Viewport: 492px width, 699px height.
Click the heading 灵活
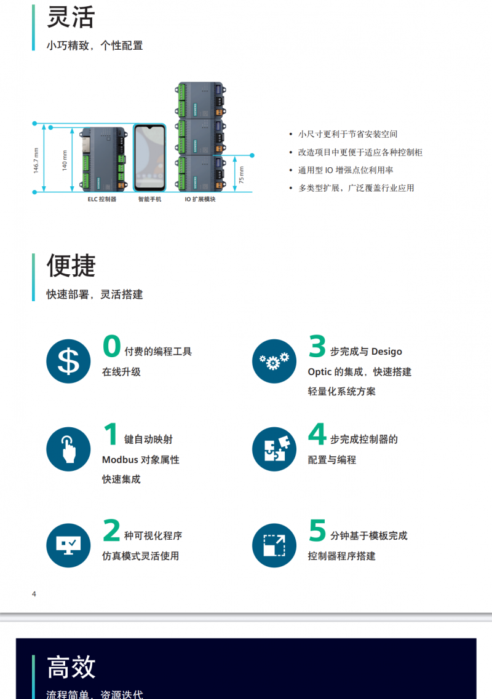[x=71, y=17]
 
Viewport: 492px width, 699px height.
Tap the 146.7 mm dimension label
[x=36, y=160]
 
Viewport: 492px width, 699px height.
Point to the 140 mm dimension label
[x=65, y=160]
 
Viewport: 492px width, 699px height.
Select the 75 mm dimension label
[x=241, y=175]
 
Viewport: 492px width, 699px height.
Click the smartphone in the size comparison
[x=149, y=158]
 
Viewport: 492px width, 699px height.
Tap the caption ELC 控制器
[x=101, y=199]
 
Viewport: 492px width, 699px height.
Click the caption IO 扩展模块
[x=200, y=199]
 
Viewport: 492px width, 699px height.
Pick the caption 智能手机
[x=149, y=199]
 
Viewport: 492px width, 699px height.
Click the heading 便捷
[x=71, y=266]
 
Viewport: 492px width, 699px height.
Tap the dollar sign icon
[x=68, y=361]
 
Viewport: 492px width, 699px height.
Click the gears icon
[x=274, y=361]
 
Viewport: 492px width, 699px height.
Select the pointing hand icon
[x=68, y=449]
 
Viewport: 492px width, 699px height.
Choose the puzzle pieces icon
[x=274, y=449]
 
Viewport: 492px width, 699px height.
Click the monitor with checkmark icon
[x=68, y=545]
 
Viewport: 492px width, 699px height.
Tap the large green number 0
[x=111, y=346]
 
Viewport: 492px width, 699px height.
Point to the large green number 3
[x=317, y=346]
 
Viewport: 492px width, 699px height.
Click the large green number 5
[x=317, y=530]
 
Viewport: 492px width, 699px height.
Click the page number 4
[x=34, y=594]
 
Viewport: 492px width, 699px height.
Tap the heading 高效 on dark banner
[x=71, y=667]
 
